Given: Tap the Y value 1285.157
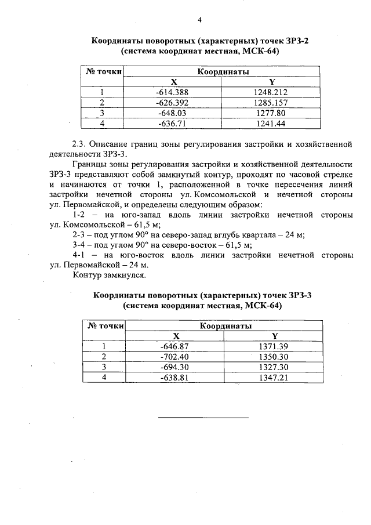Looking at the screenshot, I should tap(271, 103).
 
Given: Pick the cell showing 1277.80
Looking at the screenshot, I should tap(271, 113).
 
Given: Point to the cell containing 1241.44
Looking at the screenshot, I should tap(271, 124).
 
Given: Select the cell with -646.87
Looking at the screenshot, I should tap(174, 346).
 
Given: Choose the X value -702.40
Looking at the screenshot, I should tap(174, 357).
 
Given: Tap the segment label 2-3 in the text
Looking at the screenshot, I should tap(80, 235).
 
